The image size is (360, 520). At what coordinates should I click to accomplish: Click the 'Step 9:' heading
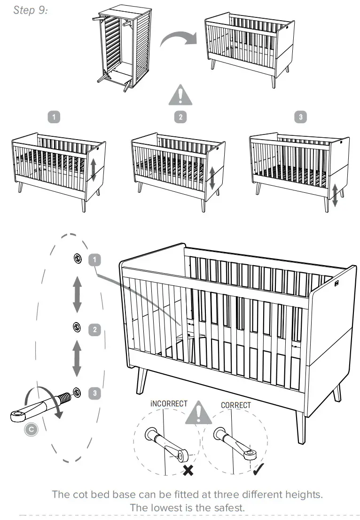pos(30,10)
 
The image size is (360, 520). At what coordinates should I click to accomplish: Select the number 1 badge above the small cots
pos(55,117)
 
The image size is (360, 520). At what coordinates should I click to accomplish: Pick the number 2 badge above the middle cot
pos(181,117)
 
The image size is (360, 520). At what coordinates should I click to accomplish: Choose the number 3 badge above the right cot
pos(301,117)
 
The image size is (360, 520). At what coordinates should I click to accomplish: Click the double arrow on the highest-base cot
pos(93,170)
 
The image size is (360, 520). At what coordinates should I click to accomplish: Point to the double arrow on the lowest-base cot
pos(335,195)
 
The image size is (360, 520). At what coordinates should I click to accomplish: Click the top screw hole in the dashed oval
pos(77,258)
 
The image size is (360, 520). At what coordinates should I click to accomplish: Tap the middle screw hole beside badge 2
pos(77,327)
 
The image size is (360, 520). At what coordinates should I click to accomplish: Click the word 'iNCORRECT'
pos(169,404)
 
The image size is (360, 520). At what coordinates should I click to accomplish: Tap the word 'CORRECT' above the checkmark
pos(236,405)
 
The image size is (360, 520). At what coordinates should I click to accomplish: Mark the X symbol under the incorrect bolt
pos(188,471)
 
